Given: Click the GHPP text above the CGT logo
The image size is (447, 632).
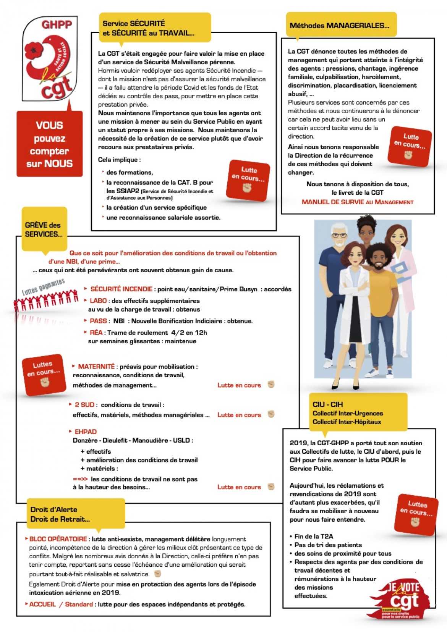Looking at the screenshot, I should (x=57, y=25).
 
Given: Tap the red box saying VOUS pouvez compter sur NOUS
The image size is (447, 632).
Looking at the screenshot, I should (x=50, y=144).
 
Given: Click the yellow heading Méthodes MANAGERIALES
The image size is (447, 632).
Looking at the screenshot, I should (x=340, y=26).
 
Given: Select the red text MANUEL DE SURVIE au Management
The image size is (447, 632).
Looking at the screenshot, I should (x=357, y=202).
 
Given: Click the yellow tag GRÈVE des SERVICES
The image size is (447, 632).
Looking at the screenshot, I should (x=44, y=229).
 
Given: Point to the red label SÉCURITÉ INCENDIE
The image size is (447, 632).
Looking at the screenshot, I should (x=121, y=289).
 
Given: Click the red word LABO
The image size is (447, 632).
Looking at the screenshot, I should (x=98, y=301).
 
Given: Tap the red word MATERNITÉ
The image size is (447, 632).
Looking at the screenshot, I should (x=96, y=366).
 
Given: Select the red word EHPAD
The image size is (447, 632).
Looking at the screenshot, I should (x=86, y=432).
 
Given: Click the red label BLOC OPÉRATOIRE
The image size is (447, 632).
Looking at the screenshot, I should (x=58, y=539).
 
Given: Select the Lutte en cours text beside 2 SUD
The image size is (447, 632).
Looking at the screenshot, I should (x=239, y=415).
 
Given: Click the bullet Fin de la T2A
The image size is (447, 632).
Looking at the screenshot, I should (x=313, y=536).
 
